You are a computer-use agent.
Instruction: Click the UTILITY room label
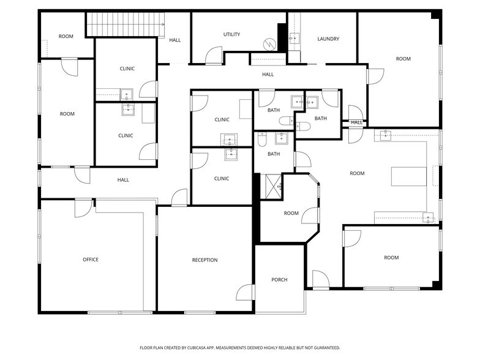tap(231, 34)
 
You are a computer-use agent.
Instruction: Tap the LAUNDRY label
tap(328, 39)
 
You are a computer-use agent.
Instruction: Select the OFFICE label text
tap(91, 260)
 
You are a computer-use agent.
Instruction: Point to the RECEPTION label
tap(204, 260)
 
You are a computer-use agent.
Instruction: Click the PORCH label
tap(279, 280)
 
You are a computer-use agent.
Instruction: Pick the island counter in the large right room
tap(408, 176)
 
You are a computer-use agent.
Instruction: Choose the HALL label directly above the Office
tap(123, 180)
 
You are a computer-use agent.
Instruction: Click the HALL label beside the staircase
tap(175, 40)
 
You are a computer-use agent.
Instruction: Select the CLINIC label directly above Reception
tap(222, 179)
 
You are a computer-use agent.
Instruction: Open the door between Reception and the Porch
tap(246, 293)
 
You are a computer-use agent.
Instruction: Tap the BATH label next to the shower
tap(273, 154)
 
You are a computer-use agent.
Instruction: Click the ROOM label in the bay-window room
tap(291, 213)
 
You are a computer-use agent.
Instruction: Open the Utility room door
tap(214, 56)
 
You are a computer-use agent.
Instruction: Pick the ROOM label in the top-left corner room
tap(66, 37)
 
